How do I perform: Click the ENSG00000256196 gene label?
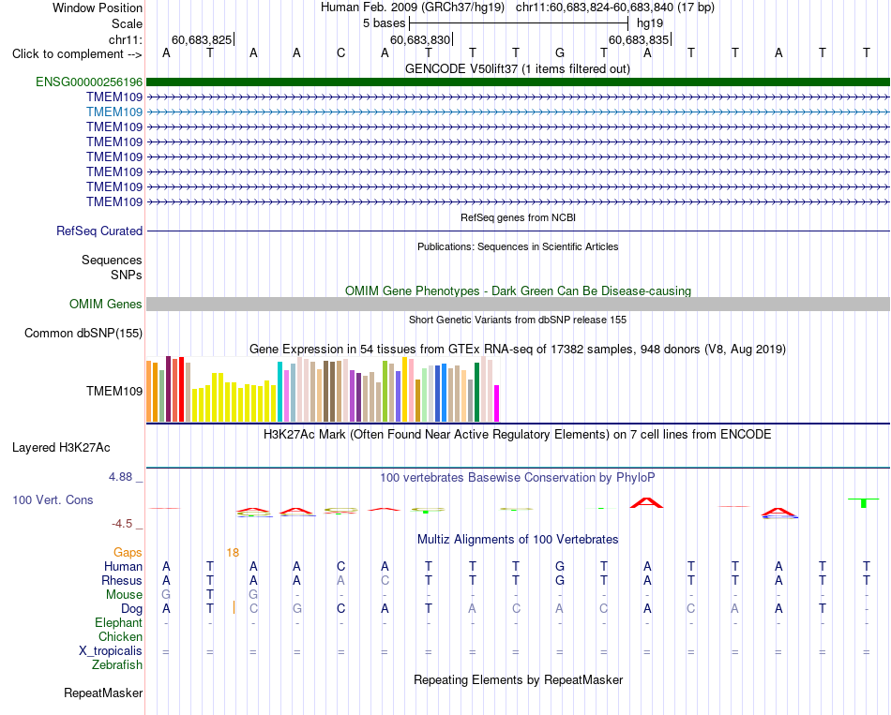point(89,82)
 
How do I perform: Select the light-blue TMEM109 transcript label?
point(114,112)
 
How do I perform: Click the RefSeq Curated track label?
point(99,231)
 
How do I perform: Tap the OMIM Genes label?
point(106,305)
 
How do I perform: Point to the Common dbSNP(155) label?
point(83,334)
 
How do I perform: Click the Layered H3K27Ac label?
point(61,448)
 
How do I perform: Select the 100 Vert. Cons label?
point(53,499)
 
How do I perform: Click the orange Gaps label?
point(128,553)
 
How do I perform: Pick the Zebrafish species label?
point(117,665)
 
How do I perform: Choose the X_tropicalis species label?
point(111,651)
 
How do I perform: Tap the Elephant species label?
point(119,623)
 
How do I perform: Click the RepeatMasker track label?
point(103,693)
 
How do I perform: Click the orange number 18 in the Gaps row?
point(233,553)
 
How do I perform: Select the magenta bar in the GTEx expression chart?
point(497,404)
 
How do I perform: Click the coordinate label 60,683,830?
point(420,39)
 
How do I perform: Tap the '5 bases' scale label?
point(385,23)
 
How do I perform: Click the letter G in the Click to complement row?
point(560,53)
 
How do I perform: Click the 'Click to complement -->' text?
point(77,54)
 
